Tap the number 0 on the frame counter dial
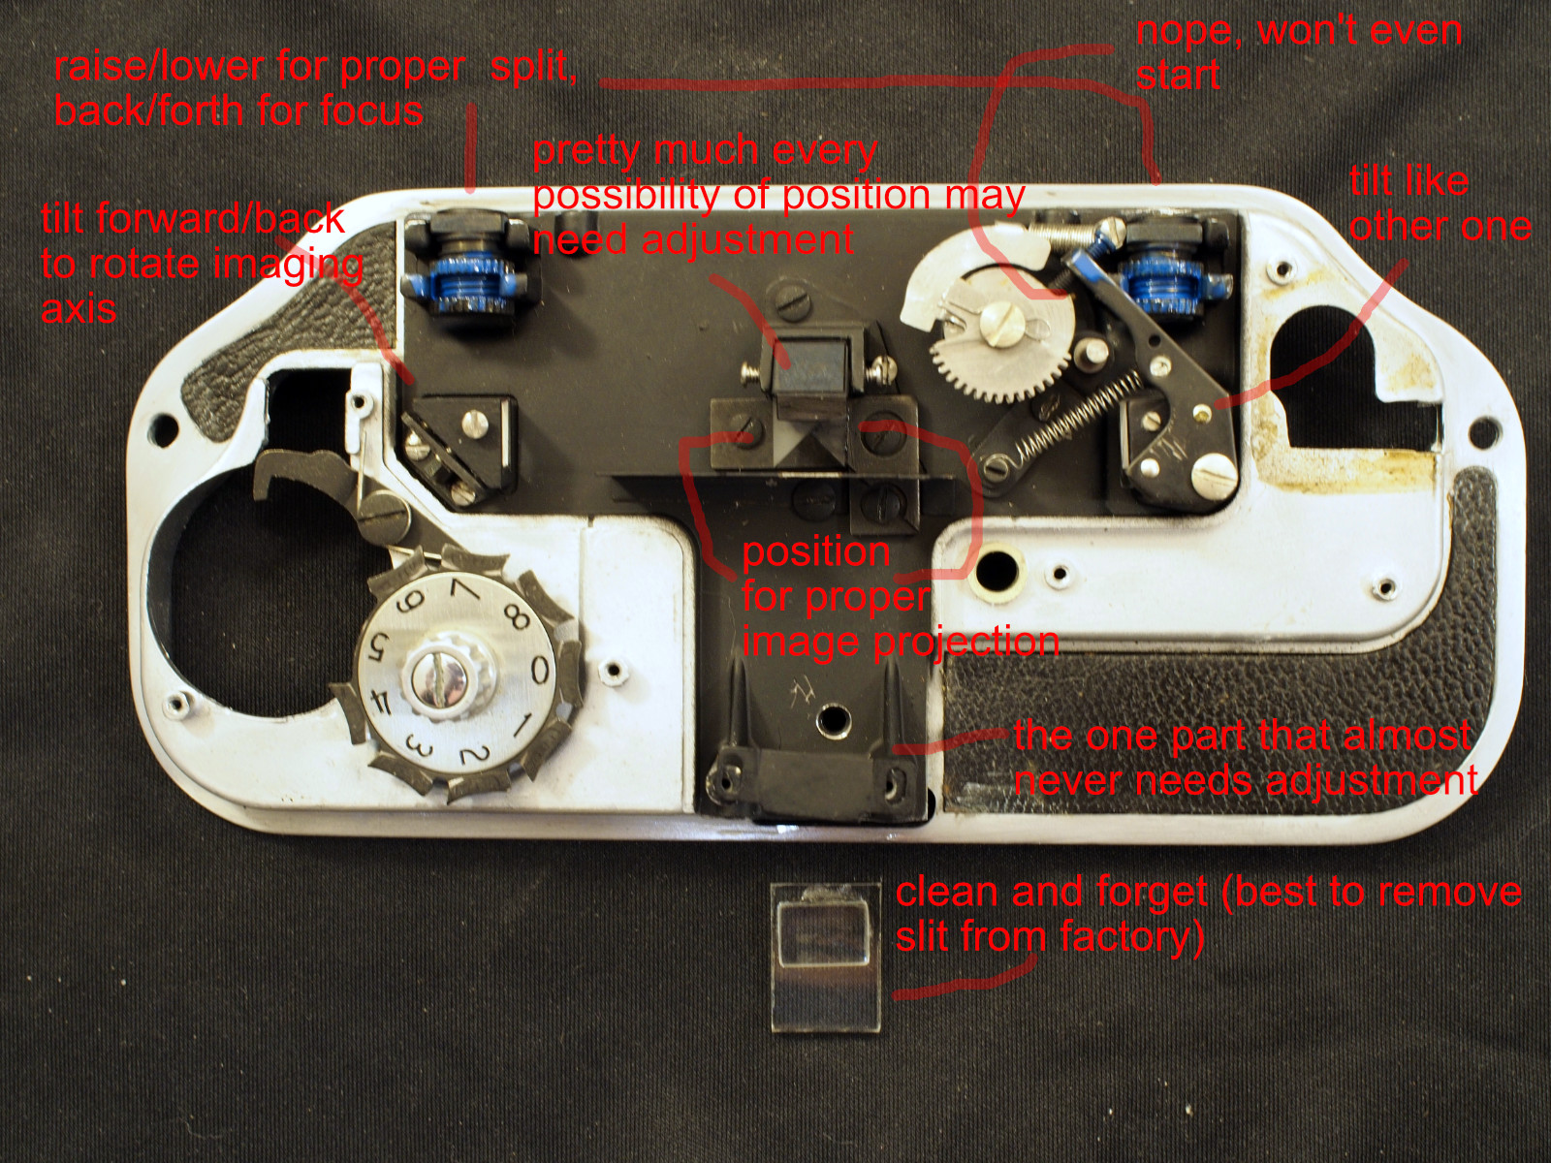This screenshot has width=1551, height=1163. (x=540, y=669)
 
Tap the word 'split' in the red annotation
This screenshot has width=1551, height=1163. (x=533, y=67)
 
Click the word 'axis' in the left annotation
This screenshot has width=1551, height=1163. (x=79, y=308)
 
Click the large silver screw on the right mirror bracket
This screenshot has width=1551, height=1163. (x=1215, y=474)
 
